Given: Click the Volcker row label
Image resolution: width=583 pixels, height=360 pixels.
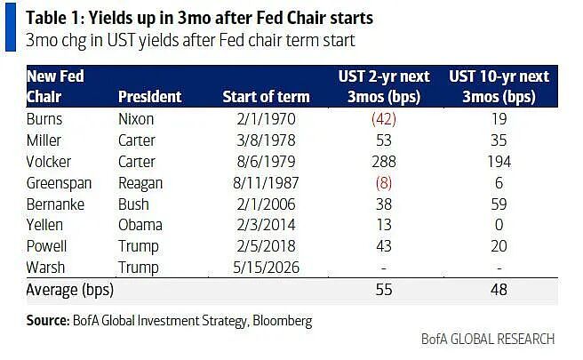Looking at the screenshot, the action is (49, 162).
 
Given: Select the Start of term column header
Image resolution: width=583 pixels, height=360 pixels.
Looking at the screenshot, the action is (267, 97).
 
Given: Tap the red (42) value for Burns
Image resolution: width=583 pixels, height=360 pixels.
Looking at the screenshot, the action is (384, 119).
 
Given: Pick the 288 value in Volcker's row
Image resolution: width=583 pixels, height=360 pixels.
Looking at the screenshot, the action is (384, 162).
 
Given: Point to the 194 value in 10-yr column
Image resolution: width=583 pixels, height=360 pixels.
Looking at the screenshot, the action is (499, 162).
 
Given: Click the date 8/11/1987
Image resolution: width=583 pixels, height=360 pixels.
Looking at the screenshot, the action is (266, 183).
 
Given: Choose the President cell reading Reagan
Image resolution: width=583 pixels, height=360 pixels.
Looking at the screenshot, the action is (140, 183).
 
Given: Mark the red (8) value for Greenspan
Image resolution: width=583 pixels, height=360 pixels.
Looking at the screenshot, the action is (384, 183).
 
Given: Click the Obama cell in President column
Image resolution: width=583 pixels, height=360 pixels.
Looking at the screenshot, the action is (140, 225).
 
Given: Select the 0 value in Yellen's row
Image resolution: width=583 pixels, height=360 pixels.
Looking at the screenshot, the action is (499, 225).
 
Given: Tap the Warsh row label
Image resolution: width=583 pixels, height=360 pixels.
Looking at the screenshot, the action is (45, 268).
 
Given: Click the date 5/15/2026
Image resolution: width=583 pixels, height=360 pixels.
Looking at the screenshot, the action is (266, 268).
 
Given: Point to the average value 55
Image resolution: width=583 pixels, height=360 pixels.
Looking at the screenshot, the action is (384, 290).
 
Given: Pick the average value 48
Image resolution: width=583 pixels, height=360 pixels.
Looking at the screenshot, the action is (499, 290).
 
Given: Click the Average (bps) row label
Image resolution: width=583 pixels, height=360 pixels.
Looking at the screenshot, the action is (70, 290).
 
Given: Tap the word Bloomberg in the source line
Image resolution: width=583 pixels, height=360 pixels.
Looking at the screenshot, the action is (283, 321).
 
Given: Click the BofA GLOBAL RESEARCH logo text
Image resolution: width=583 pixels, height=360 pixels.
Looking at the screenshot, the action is (488, 340).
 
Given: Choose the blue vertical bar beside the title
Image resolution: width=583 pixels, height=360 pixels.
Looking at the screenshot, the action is (11, 27).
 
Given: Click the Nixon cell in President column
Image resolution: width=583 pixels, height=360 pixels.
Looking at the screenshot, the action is (136, 119).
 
